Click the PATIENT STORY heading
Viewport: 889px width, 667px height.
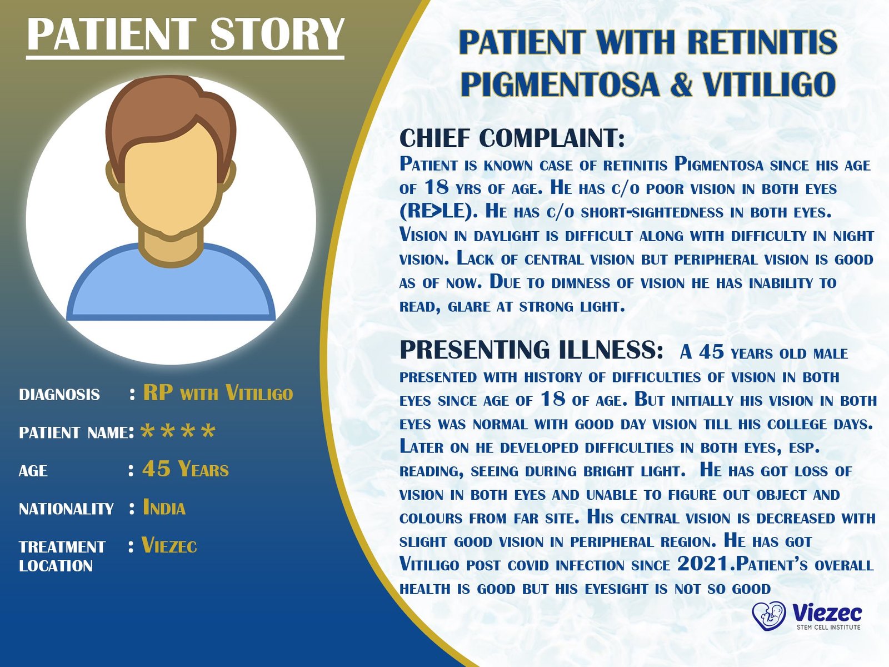coord(186,34)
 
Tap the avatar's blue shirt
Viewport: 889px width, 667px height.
coord(171,289)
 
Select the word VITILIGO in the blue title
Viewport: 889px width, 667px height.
coord(769,84)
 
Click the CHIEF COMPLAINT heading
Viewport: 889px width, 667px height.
coord(512,138)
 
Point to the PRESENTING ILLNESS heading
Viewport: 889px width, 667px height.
coord(531,350)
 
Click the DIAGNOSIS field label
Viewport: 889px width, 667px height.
coord(59,395)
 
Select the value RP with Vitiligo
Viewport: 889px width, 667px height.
coord(218,393)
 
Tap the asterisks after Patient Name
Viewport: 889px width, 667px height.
coord(178,432)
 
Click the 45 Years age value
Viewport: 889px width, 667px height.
coord(186,470)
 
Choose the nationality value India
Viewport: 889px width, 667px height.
coord(164,507)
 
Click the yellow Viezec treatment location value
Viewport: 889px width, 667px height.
coord(169,546)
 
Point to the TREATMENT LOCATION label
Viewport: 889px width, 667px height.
coord(61,556)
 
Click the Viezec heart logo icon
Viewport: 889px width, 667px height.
coord(768,615)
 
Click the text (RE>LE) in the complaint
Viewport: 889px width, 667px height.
coord(435,212)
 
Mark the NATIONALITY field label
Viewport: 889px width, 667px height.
coord(66,509)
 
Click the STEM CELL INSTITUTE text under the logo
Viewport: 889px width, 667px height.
coord(828,628)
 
